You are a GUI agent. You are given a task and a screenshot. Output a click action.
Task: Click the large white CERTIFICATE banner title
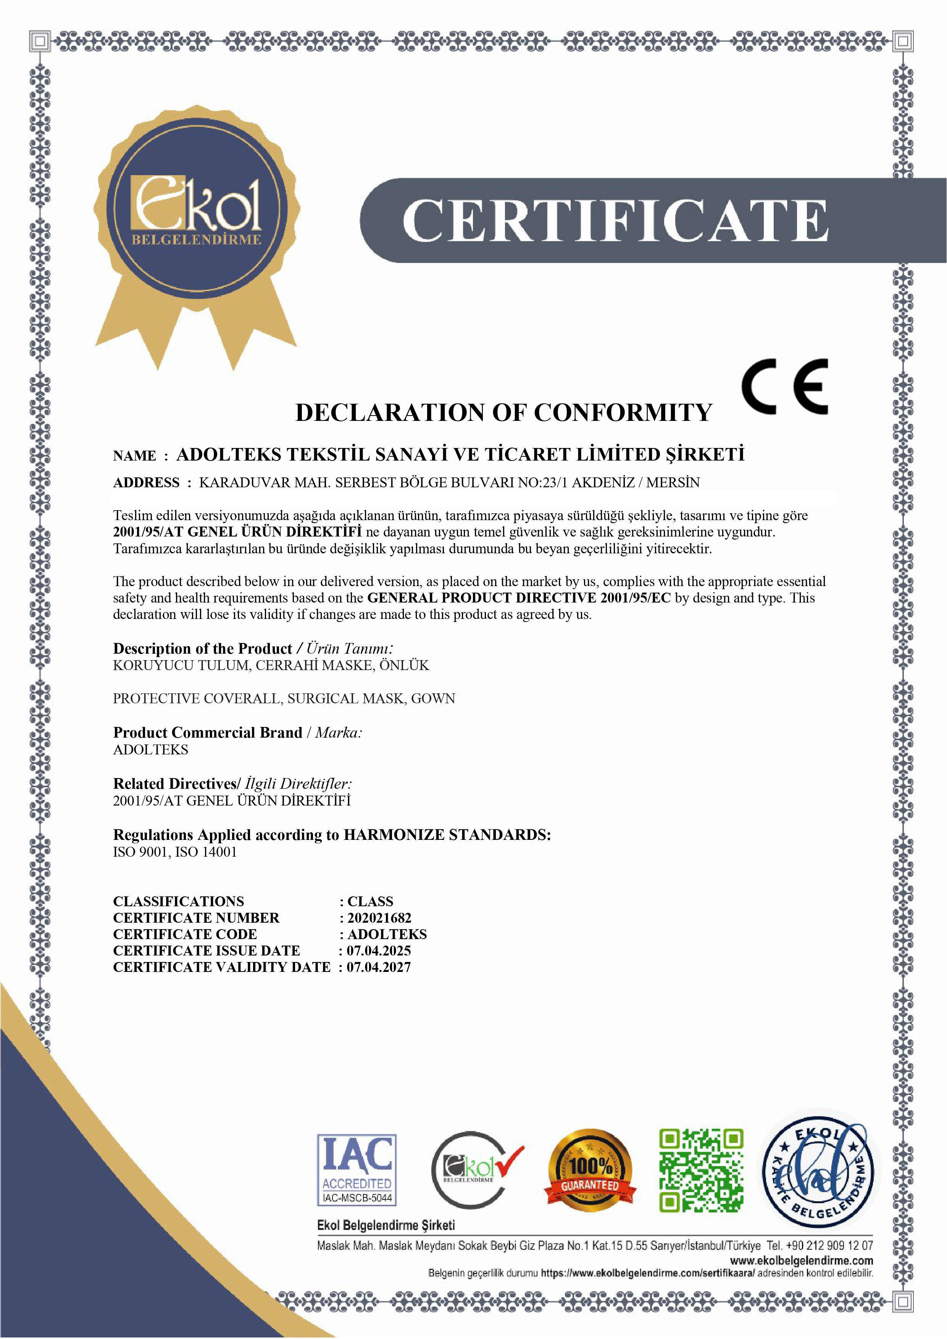point(615,220)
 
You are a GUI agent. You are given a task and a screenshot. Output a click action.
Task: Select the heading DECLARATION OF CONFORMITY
point(503,412)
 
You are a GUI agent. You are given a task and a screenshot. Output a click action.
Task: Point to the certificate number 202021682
point(379,918)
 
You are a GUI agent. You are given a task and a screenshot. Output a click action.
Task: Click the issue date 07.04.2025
point(379,951)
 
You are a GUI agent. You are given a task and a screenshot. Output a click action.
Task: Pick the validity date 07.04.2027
point(379,967)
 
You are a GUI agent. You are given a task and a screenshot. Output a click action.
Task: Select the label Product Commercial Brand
point(208,733)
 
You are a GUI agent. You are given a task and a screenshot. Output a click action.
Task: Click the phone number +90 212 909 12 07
point(829,1246)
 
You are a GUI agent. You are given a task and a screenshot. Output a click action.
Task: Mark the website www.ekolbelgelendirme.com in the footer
point(801,1261)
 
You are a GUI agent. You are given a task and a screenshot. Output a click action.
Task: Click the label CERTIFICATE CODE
point(185,934)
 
